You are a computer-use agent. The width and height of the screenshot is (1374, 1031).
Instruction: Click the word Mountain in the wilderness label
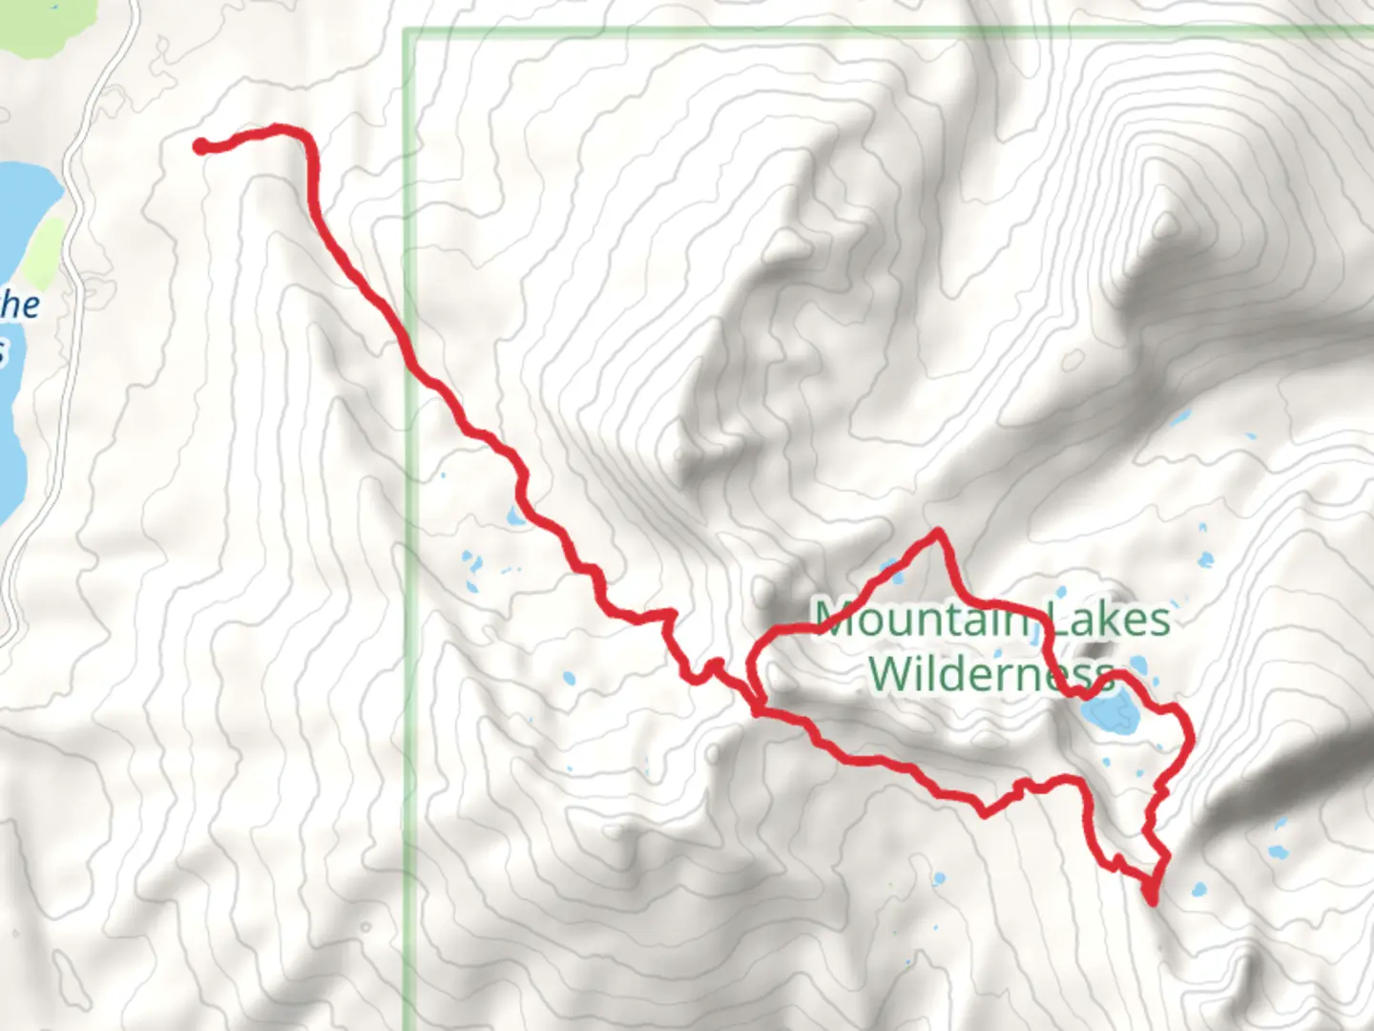click(x=920, y=619)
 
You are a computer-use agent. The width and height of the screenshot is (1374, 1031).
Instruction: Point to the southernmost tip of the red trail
click(x=1152, y=899)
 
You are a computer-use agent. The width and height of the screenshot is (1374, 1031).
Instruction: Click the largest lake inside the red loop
click(x=1108, y=712)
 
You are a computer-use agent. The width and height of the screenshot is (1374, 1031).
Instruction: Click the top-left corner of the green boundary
click(x=406, y=32)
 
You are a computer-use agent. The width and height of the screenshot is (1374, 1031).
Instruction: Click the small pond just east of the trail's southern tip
click(x=1197, y=892)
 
